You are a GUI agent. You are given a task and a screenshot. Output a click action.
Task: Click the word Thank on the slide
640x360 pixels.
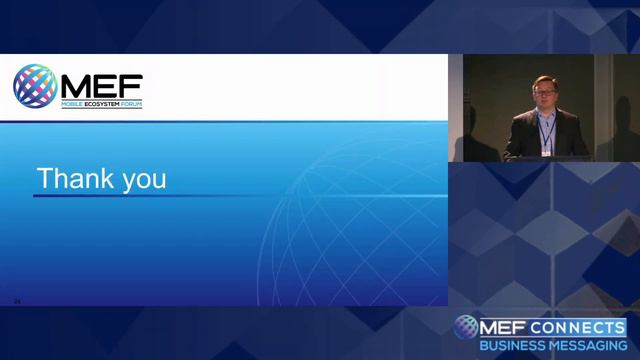coord(73,179)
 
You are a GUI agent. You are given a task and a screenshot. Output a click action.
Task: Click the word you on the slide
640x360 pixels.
coord(140,181)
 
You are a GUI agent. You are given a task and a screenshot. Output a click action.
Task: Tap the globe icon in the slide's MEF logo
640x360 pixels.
coord(34,85)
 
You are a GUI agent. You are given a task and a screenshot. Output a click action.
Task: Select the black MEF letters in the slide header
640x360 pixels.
coord(99,83)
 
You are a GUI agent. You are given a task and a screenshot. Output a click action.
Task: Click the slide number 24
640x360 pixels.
coord(17,300)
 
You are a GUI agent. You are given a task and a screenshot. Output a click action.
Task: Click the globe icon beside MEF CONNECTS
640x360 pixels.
coord(466,327)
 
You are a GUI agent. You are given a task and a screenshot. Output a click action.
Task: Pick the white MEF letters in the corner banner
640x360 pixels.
coord(504,327)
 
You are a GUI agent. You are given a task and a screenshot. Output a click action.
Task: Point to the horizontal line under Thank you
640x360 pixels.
coord(240,196)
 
